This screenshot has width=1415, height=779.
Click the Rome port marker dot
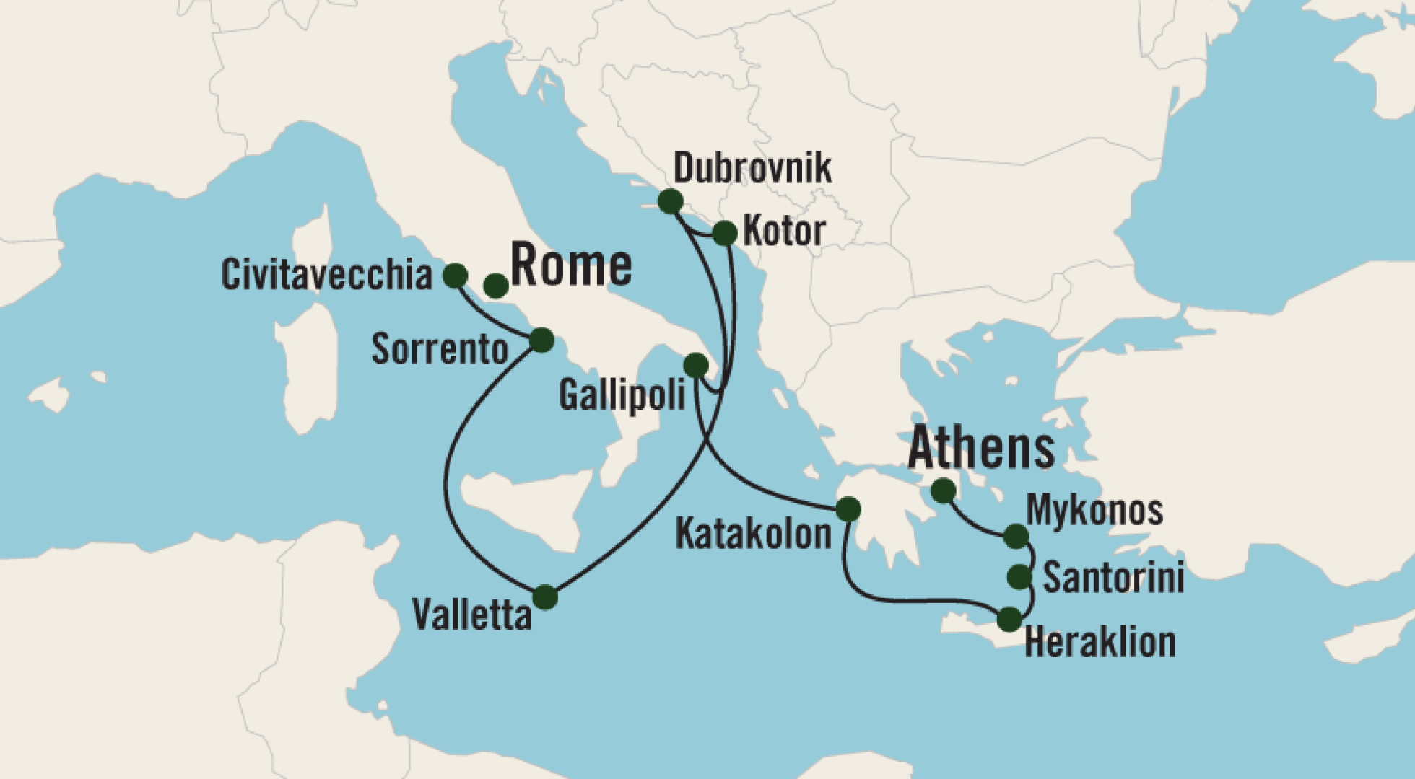pos(495,286)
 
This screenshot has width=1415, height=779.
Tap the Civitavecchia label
pos(326,275)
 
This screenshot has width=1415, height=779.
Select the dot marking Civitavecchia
pos(455,275)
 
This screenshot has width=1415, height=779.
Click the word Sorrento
pos(440,350)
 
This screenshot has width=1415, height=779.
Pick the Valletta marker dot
pos(545,597)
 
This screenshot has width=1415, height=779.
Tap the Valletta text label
pos(471,615)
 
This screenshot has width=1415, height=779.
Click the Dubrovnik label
pos(752,168)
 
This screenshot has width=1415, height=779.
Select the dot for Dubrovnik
pos(670,201)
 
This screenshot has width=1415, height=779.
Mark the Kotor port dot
pos(724,233)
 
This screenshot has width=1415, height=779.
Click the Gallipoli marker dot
pos(695,365)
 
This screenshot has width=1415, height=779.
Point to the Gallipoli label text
pos(622,395)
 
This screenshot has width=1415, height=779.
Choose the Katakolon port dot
pos(848,509)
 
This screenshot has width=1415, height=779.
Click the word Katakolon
pos(753,534)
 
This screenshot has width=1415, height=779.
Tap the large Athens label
pos(980,449)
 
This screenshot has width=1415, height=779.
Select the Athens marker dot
pos(943,491)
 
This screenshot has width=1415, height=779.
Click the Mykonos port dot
pos(1016,536)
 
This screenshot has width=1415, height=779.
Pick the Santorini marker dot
pos(1019,576)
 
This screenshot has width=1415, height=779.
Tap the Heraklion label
pos(1100,642)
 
